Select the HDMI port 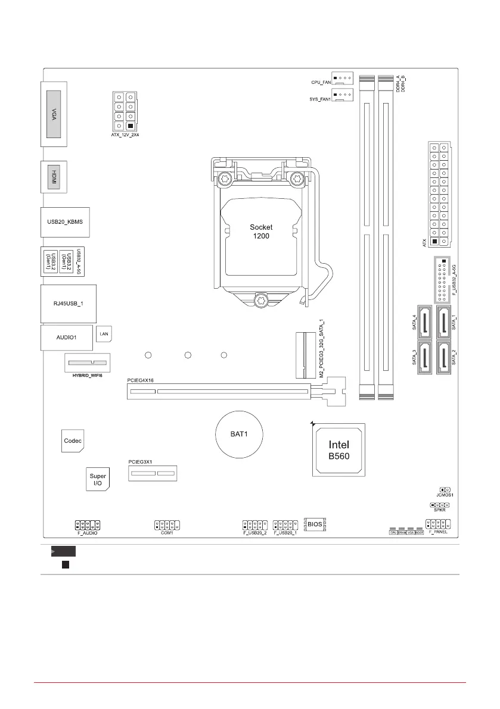pyautogui.click(x=54, y=177)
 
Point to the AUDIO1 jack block pyautogui.click(x=67, y=337)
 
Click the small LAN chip pyautogui.click(x=103, y=335)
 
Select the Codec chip pyautogui.click(x=72, y=441)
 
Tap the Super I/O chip pyautogui.click(x=98, y=478)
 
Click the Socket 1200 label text pyautogui.click(x=260, y=232)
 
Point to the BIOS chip pyautogui.click(x=316, y=524)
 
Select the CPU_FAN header pyautogui.click(x=343, y=78)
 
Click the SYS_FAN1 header pyautogui.click(x=343, y=95)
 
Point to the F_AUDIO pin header pyautogui.click(x=88, y=525)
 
